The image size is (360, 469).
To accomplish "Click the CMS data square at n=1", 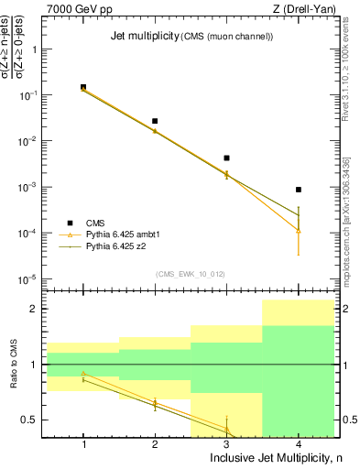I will tap(83, 87).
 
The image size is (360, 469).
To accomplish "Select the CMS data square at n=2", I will tap(155, 121).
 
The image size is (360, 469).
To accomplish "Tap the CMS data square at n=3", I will tap(226, 158).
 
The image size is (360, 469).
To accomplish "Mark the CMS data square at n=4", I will tap(299, 190).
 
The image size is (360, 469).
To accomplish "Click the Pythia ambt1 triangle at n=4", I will tap(299, 231).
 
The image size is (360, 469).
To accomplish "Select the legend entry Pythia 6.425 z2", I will tap(117, 246).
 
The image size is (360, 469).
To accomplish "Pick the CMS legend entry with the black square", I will tap(96, 223).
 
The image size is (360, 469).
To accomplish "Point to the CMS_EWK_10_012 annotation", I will tap(191, 274).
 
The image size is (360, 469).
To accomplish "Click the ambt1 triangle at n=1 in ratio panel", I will tap(83, 374).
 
